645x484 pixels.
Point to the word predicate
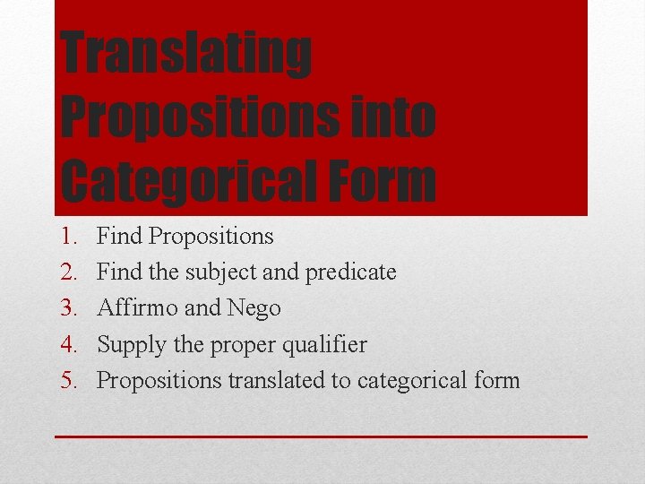351,272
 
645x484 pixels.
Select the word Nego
254,308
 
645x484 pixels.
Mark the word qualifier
322,345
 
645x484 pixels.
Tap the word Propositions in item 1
211,237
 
